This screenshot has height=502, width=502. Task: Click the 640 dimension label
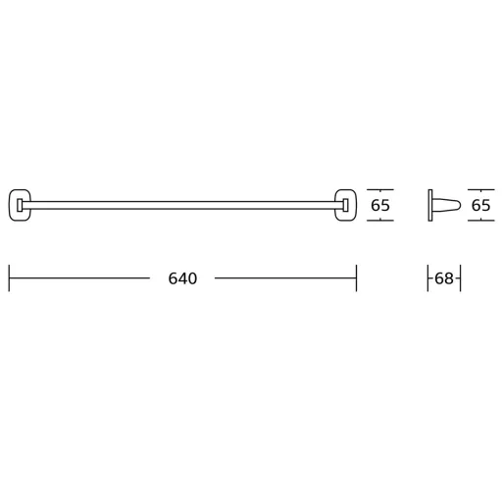pos(182,278)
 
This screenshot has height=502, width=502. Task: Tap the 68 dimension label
pos(444,278)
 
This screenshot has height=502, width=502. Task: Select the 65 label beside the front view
pos(380,205)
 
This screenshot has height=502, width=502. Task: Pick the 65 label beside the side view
pos(481,205)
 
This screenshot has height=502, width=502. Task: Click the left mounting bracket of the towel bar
pos(10,205)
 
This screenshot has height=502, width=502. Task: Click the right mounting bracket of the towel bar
pos(356,205)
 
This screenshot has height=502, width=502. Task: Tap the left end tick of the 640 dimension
pos(9,278)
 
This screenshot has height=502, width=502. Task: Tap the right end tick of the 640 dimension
pos(356,278)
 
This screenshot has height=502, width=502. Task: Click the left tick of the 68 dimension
pos(428,278)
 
